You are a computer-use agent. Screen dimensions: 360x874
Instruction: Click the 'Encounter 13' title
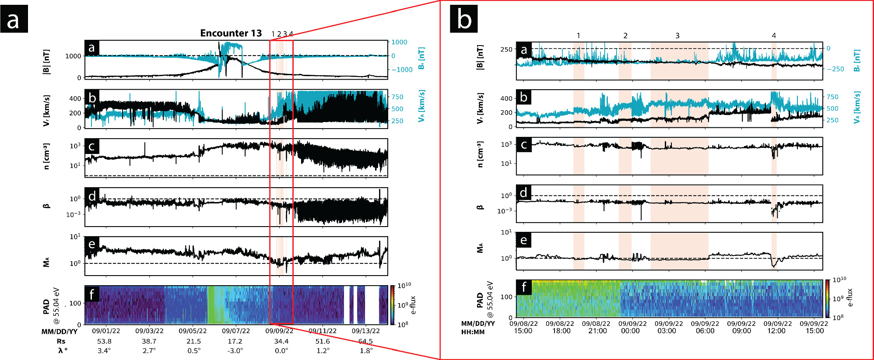tap(231, 33)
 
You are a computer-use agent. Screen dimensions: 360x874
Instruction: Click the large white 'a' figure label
tap(14, 20)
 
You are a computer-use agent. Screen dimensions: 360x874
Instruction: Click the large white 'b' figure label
tap(463, 20)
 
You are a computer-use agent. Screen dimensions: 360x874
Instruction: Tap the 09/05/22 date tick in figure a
tap(193, 331)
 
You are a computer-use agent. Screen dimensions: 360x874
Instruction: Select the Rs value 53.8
tap(104, 341)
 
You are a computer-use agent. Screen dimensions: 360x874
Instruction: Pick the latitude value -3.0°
tap(235, 351)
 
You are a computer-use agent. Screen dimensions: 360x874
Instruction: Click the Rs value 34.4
tap(281, 341)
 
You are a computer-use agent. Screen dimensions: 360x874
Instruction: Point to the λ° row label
tap(62, 351)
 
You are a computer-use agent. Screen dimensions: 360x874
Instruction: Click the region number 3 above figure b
tap(677, 36)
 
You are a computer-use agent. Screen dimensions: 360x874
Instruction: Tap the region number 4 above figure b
tap(773, 36)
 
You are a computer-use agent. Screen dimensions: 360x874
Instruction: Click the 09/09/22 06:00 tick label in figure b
tap(705, 327)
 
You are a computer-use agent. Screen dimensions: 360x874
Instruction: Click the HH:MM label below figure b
tap(473, 332)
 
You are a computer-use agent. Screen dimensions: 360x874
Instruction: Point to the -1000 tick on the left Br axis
tap(402, 70)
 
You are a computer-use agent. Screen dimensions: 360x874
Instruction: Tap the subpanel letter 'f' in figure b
tap(523, 287)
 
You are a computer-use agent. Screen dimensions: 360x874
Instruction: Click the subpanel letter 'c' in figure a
tap(91, 146)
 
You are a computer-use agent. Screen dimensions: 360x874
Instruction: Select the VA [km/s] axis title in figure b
tap(857, 108)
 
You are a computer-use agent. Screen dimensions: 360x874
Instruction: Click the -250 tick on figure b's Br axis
tap(835, 69)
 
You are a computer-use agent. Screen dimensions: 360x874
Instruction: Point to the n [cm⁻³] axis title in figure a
tap(46, 156)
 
